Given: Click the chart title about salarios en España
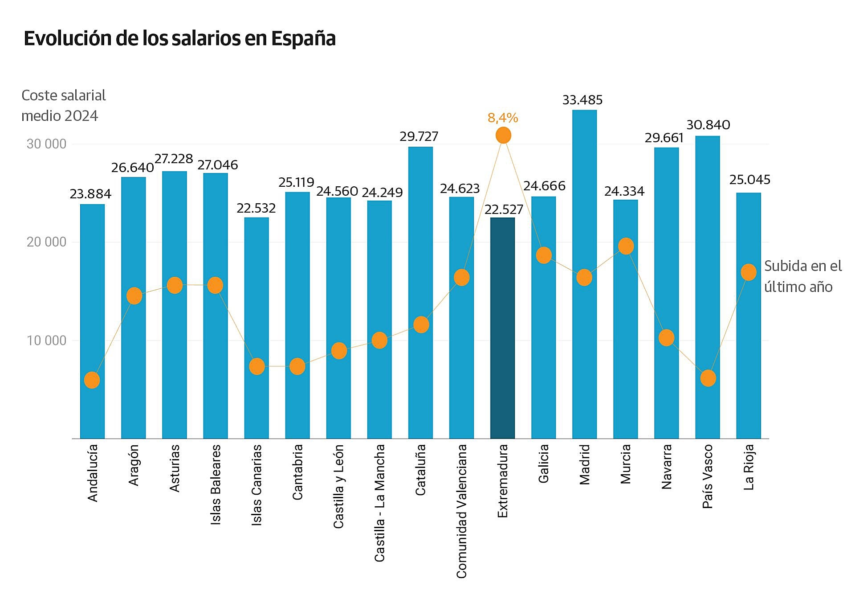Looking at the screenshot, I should tap(179, 38).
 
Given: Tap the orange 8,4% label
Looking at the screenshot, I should tap(503, 118).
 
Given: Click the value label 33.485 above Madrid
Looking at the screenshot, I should tap(582, 100).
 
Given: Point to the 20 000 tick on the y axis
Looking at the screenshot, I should tap(46, 242).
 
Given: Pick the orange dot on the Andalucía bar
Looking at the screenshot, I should tap(92, 380).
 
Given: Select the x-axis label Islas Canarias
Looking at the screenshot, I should tap(256, 485).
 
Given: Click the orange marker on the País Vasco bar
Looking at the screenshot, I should tap(708, 378).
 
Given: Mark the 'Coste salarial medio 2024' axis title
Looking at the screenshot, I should tap(64, 106).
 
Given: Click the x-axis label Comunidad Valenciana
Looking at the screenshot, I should tap(462, 511).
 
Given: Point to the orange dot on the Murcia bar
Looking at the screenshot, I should tap(626, 246).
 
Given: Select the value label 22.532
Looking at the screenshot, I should tap(256, 208).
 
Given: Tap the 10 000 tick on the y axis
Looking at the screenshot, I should tap(46, 341).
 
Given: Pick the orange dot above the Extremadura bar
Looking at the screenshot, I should tap(503, 135).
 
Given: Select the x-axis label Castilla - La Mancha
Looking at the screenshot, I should tap(379, 503).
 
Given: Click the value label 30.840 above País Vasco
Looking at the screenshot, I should tap(708, 125).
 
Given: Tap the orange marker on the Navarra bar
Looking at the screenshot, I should tap(666, 338).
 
